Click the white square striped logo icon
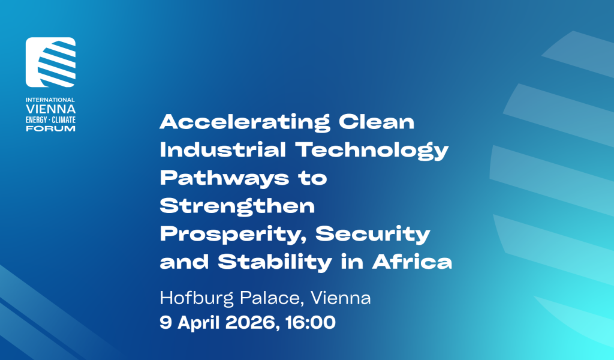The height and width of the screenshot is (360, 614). click(50, 62)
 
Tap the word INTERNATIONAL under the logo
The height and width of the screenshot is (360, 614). click(50, 100)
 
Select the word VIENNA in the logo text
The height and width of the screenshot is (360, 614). click(50, 109)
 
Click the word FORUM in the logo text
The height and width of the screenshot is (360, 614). click(50, 128)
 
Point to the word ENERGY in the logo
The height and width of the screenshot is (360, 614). click(37, 120)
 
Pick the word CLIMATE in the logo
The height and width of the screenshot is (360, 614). click(64, 120)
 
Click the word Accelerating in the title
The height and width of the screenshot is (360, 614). click(245, 122)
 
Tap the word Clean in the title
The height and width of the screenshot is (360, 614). click(377, 122)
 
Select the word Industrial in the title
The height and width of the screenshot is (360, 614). click(223, 149)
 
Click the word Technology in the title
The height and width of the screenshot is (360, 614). click(372, 151)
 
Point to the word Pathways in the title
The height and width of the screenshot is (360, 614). click(224, 179)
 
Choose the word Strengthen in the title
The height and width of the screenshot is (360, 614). click(237, 206)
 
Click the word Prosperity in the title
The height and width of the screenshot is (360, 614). click(233, 235)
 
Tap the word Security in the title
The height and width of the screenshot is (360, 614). click(373, 235)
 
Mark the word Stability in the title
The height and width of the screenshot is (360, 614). click(275, 262)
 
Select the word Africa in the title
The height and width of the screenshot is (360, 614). click(412, 262)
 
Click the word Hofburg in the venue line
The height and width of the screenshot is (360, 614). click(197, 298)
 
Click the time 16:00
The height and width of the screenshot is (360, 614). click(311, 323)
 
